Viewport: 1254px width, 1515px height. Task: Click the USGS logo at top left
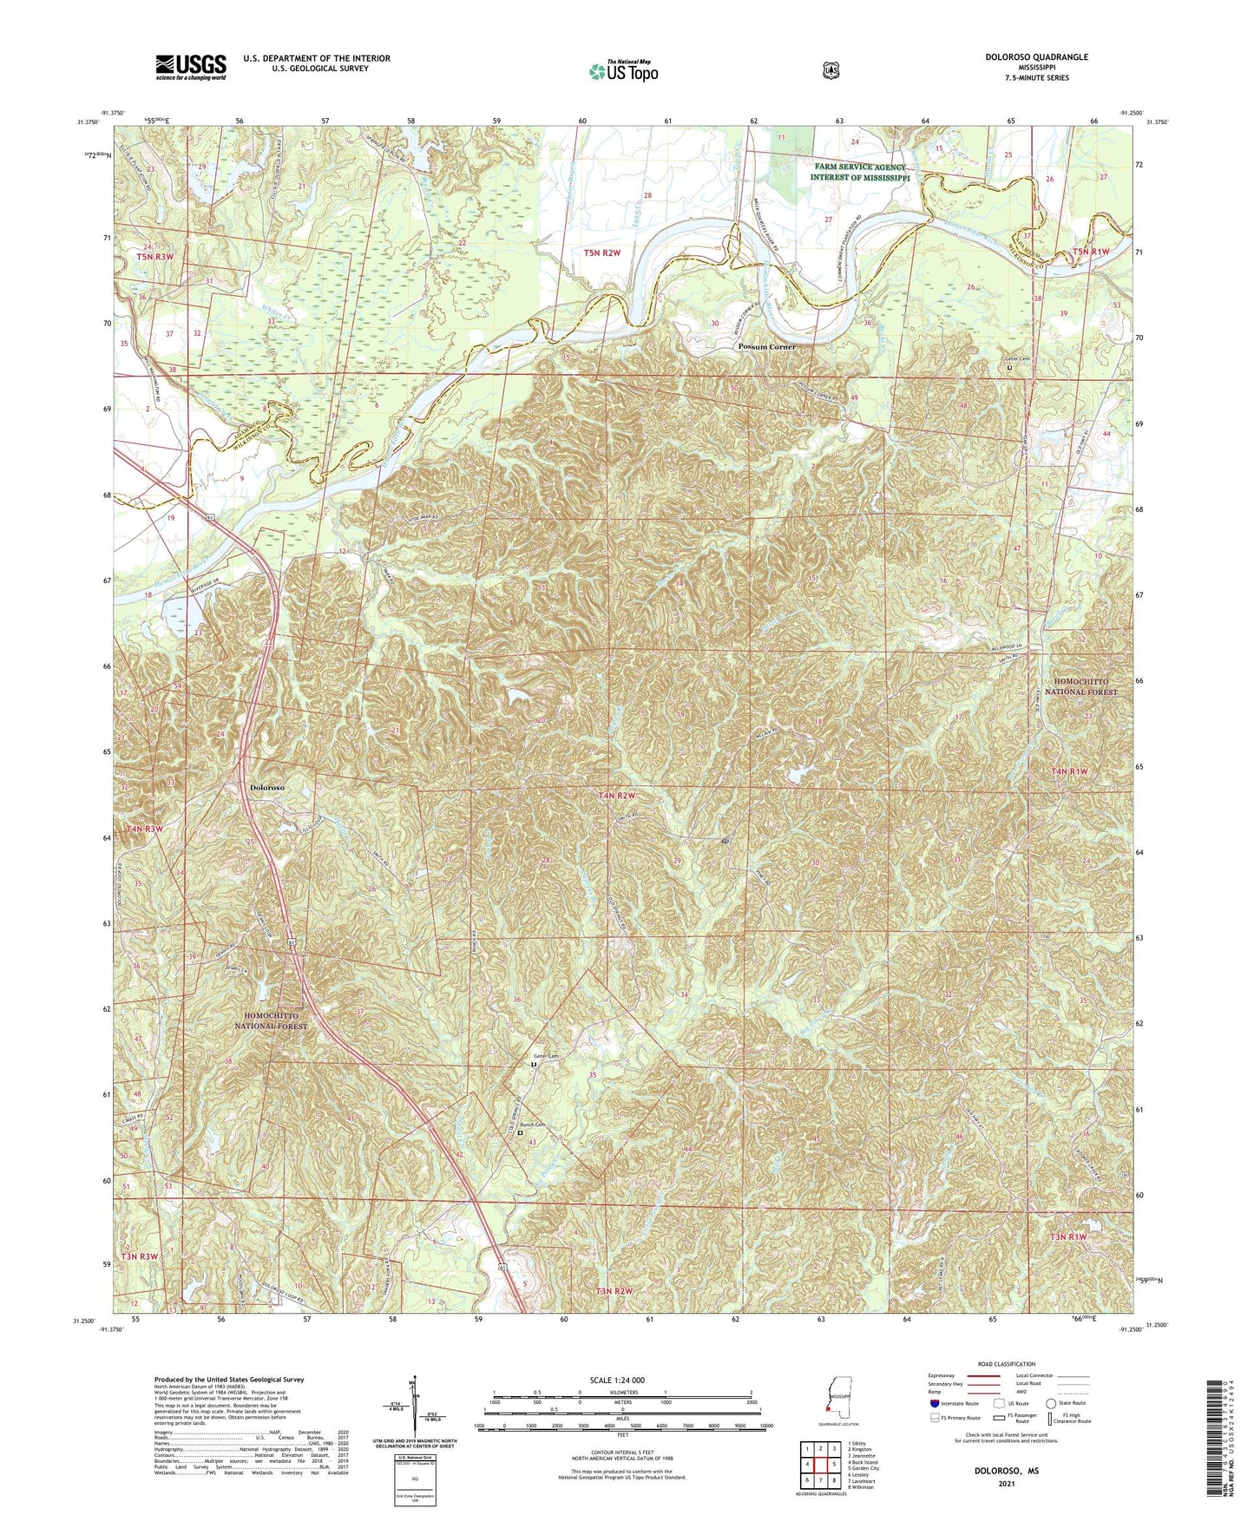pos(191,67)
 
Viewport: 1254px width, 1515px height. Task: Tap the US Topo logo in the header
pos(622,71)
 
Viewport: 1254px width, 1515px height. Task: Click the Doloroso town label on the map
pos(266,787)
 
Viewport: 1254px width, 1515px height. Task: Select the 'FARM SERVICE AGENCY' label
pos(859,167)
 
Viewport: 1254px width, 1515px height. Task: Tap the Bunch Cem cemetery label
pos(533,1125)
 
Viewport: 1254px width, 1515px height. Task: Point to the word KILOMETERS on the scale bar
pos(621,1392)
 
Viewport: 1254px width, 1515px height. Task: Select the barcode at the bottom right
pos(1219,1440)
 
